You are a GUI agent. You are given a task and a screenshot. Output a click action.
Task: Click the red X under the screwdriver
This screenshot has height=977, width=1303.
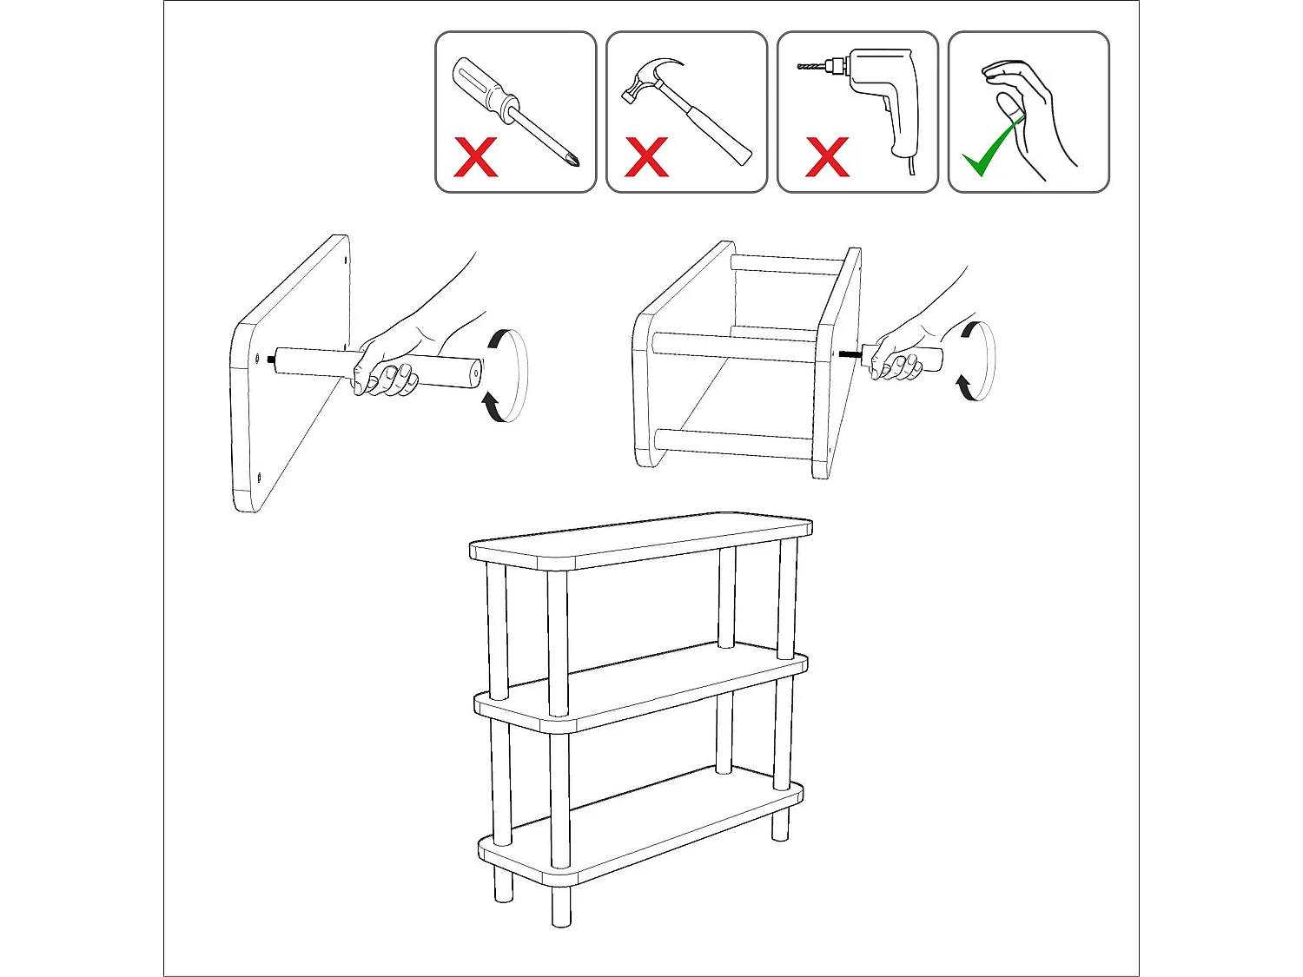click(x=476, y=157)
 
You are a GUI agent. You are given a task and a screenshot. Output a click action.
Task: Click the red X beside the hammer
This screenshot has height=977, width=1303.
click(x=646, y=157)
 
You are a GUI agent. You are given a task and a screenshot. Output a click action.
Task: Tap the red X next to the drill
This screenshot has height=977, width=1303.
click(x=826, y=157)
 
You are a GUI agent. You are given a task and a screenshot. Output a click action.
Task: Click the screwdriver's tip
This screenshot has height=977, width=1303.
click(x=572, y=162)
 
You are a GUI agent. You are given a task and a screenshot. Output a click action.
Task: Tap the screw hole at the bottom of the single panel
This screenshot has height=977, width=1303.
click(x=260, y=474)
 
